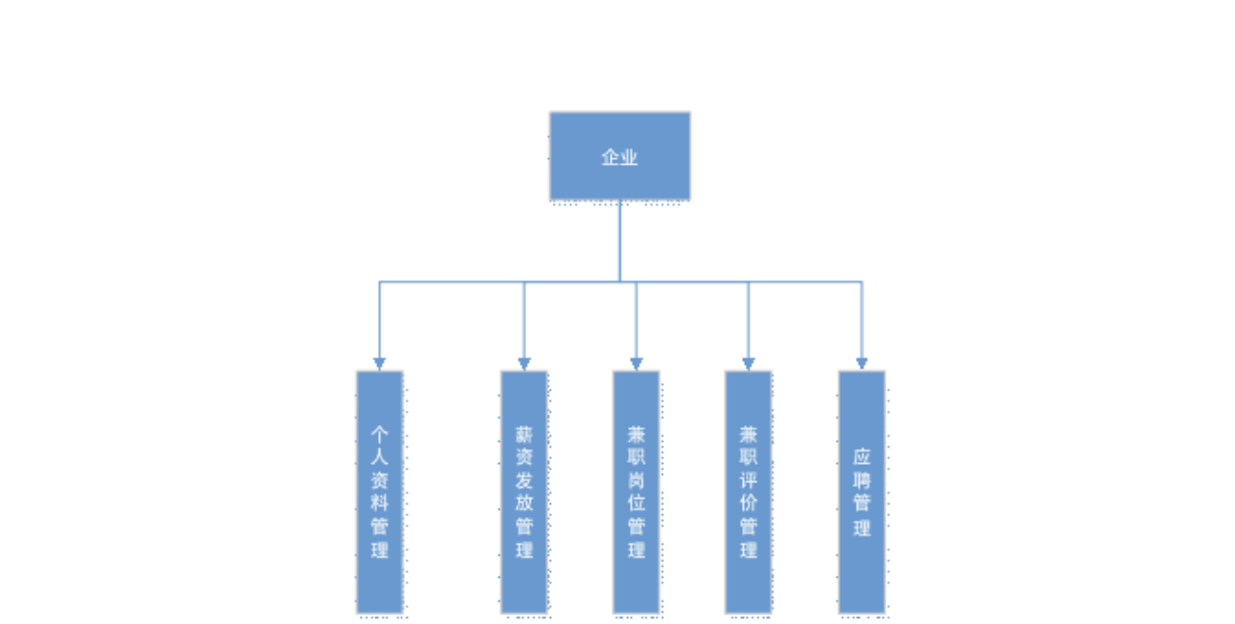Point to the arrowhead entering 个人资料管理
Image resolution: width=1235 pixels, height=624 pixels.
(379, 363)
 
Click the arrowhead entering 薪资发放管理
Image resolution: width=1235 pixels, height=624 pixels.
(524, 363)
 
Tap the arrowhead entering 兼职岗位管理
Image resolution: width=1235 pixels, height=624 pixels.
(636, 363)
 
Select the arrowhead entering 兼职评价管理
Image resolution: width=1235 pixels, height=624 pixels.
(749, 363)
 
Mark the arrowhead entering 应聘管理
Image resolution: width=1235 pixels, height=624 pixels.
(862, 363)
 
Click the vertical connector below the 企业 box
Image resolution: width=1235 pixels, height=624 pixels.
(619, 241)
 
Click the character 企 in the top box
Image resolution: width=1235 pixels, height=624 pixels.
(610, 157)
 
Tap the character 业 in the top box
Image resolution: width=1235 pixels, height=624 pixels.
(629, 157)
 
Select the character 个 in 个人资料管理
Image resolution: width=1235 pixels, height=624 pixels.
(379, 432)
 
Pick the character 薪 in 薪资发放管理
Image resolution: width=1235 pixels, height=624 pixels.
(524, 433)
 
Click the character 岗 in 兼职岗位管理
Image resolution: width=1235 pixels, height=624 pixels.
(636, 479)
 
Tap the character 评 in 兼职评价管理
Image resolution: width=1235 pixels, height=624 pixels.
(749, 479)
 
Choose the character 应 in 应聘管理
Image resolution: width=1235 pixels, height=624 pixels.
(862, 456)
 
